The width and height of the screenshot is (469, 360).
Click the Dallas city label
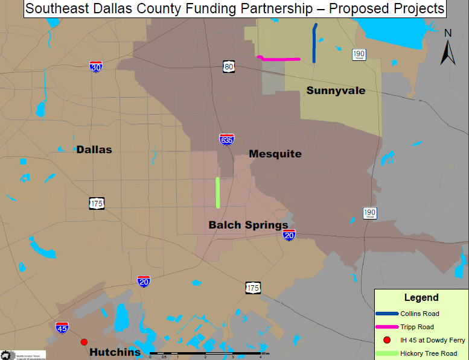(x=94, y=150)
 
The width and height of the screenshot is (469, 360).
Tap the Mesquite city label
(x=275, y=154)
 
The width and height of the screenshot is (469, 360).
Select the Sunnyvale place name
(x=336, y=90)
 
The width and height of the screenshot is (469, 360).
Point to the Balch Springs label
(x=248, y=225)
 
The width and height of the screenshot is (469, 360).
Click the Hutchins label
(x=115, y=352)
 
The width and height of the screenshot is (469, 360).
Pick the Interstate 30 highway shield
(x=95, y=67)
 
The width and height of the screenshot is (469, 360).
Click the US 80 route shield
(x=228, y=66)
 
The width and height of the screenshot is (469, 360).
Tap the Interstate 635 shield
(x=227, y=140)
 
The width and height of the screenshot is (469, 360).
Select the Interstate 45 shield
(x=62, y=327)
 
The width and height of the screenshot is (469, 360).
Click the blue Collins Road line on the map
(x=314, y=43)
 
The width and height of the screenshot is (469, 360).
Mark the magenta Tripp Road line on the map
(x=279, y=58)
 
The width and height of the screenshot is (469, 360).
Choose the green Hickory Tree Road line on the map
(x=218, y=192)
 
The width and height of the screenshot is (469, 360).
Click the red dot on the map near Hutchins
(x=84, y=342)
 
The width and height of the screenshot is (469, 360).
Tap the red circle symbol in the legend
(x=387, y=340)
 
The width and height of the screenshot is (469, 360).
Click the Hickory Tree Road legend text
(x=433, y=353)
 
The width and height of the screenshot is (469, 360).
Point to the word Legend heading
(x=421, y=298)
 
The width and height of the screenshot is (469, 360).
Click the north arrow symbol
(x=447, y=49)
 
